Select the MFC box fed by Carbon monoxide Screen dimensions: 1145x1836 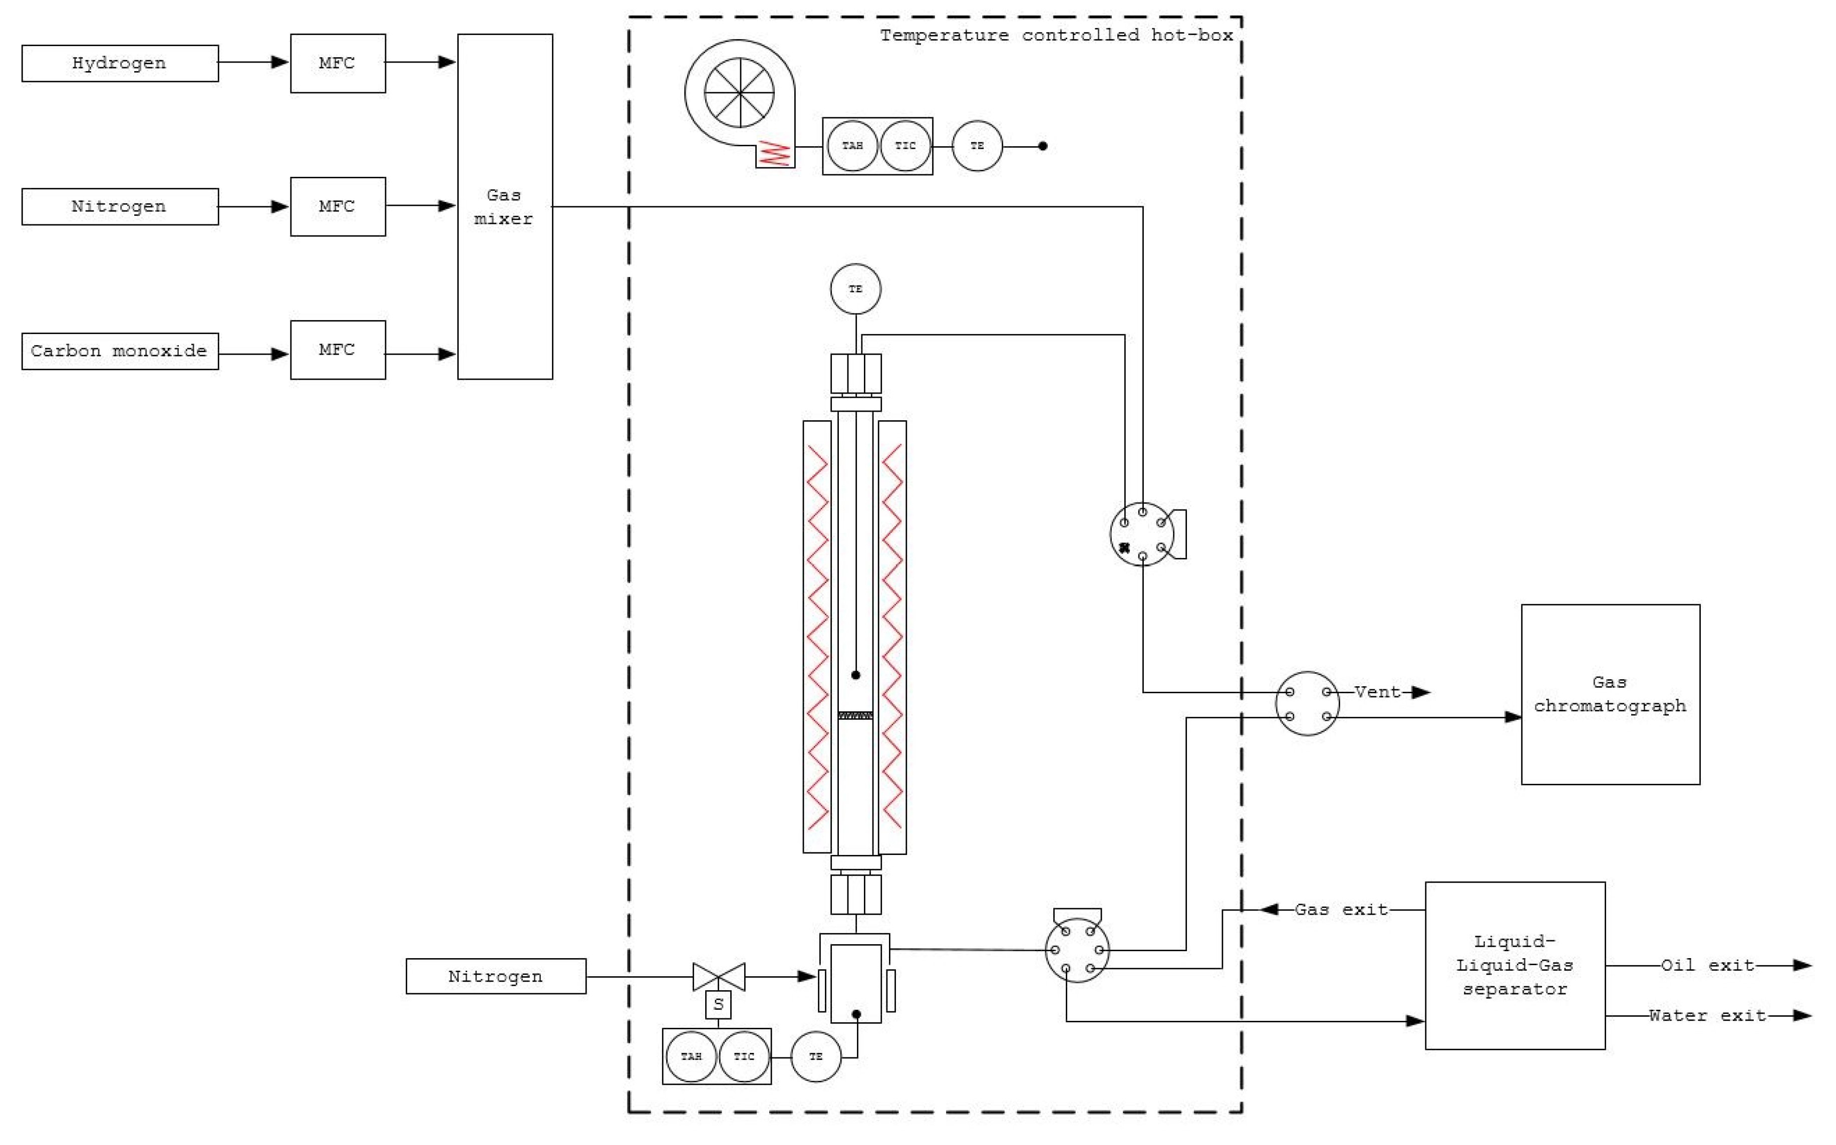[338, 350]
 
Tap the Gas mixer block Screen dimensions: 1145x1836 [504, 206]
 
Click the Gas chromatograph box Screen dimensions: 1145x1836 [1610, 694]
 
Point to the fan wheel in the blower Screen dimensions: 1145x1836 [739, 92]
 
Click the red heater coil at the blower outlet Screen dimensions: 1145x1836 [775, 154]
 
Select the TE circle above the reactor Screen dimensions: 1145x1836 [855, 289]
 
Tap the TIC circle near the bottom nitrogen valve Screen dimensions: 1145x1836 [744, 1056]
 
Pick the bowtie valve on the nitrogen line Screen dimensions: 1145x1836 [719, 976]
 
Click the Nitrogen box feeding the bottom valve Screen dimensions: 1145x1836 [495, 976]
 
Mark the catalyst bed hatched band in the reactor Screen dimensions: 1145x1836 [855, 715]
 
